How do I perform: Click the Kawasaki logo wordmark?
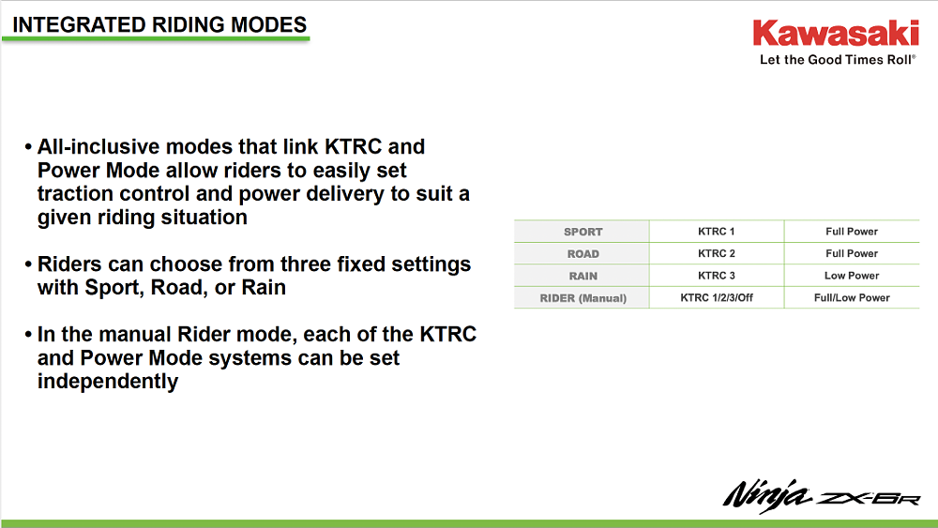[835, 35]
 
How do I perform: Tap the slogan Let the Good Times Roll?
[837, 60]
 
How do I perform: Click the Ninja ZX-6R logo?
[821, 494]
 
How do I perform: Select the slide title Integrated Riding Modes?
[159, 24]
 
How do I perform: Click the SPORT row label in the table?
[582, 232]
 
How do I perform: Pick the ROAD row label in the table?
[582, 254]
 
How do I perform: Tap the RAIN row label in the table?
[582, 276]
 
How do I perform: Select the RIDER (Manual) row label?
[582, 298]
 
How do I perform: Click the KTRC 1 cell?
[717, 232]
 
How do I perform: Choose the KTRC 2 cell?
[717, 254]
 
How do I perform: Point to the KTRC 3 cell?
[717, 276]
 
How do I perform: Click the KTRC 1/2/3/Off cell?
[717, 298]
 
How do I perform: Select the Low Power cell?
[852, 276]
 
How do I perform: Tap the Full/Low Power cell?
[852, 298]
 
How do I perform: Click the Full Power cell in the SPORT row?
[852, 232]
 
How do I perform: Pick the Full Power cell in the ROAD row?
[852, 254]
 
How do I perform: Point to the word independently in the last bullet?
[108, 382]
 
